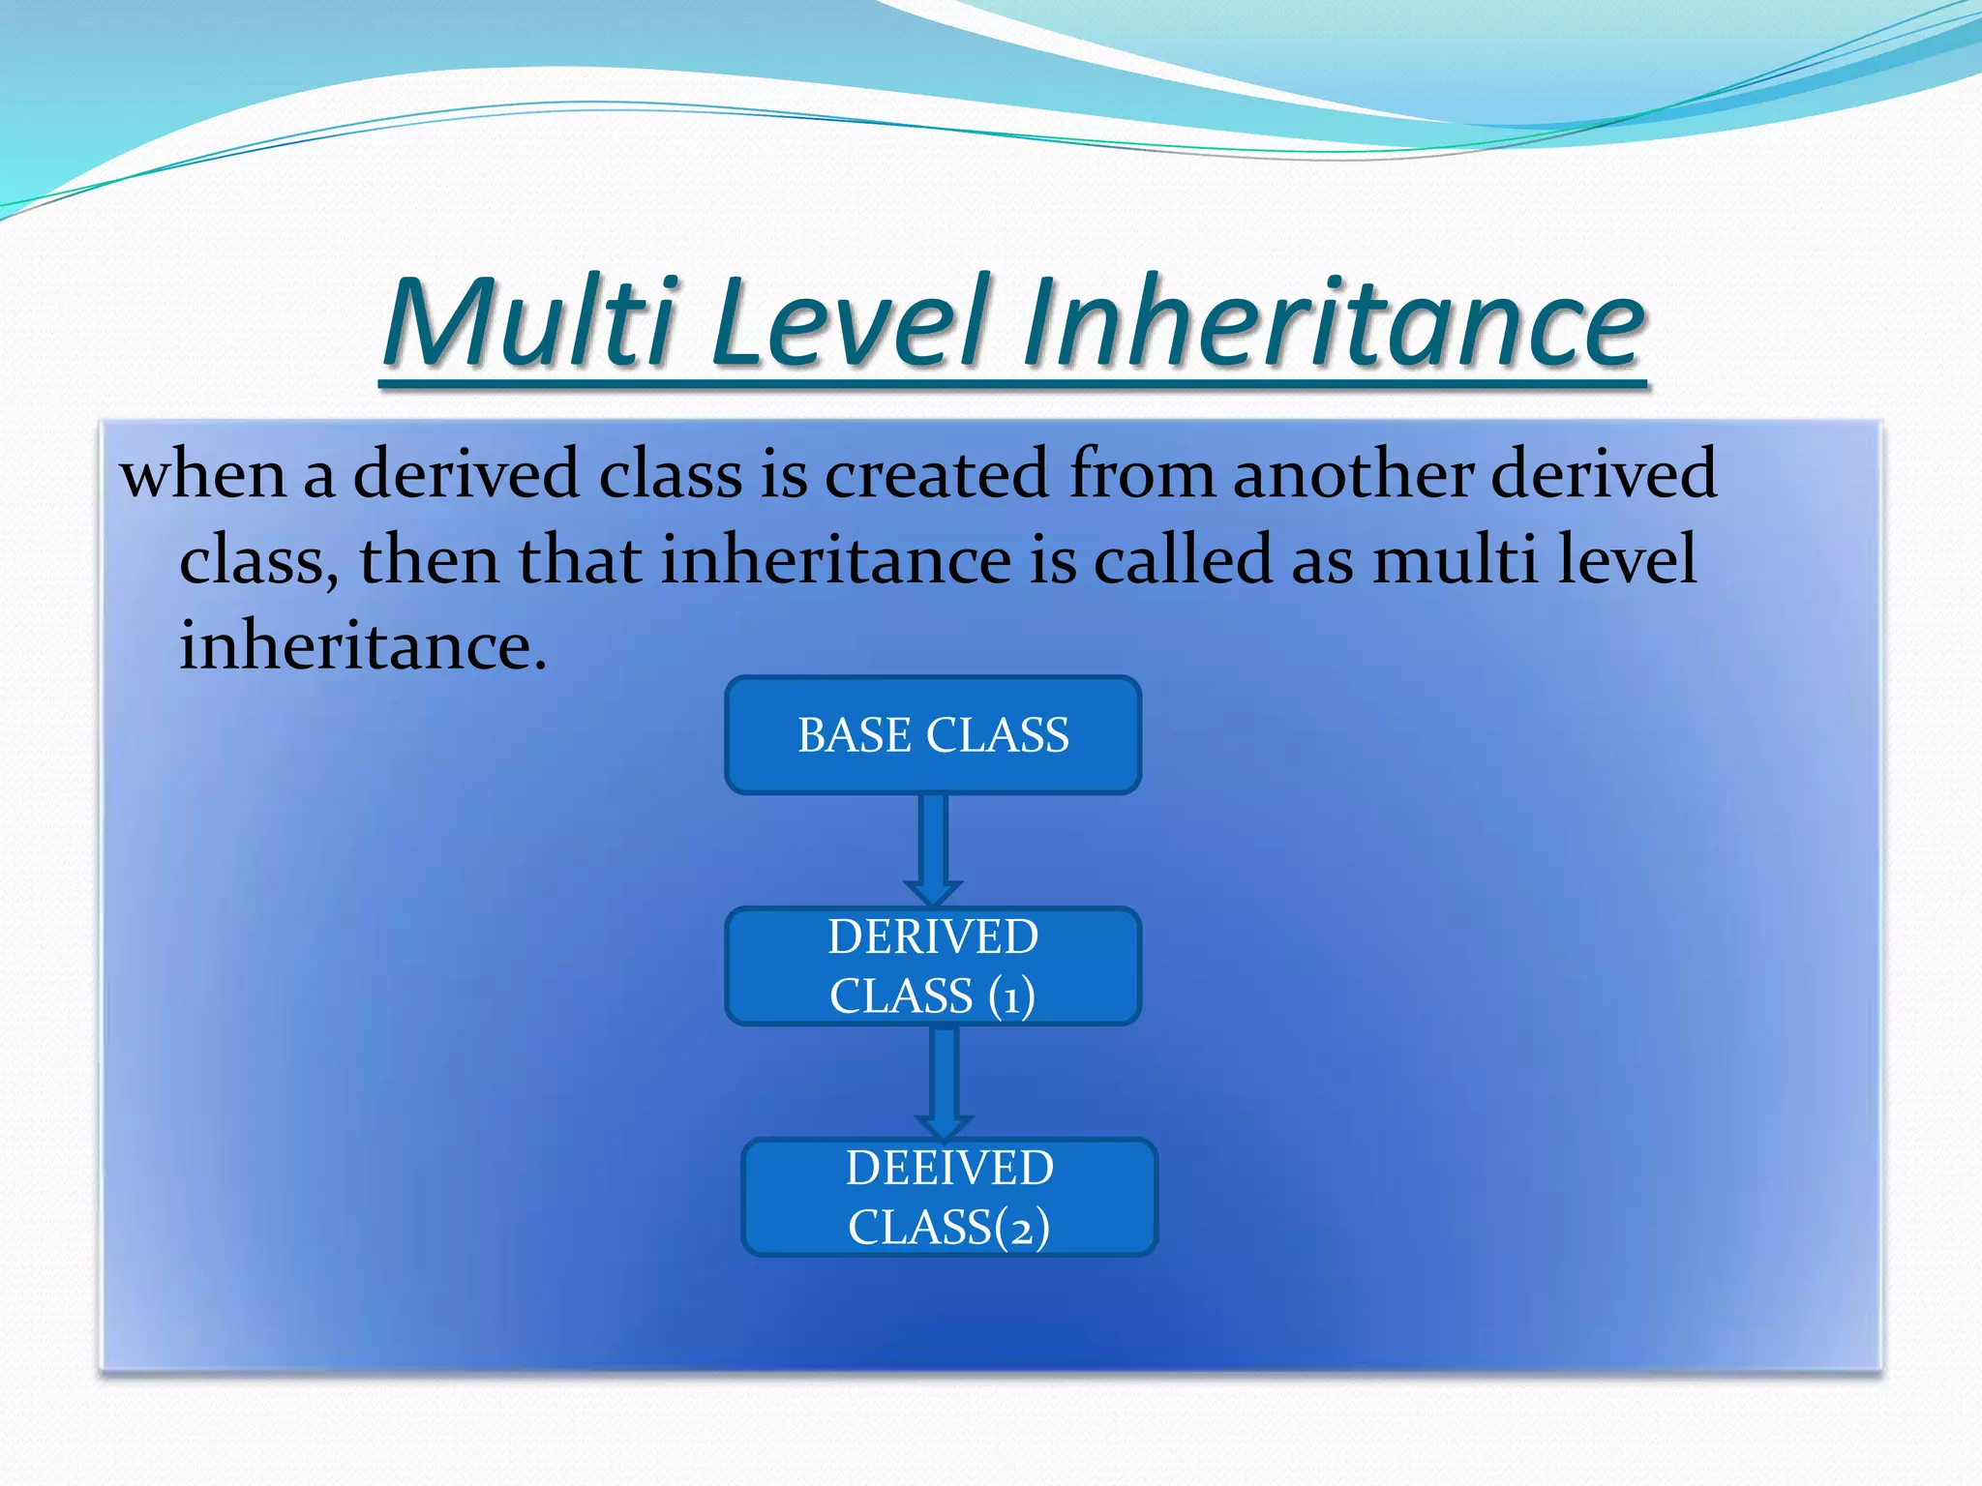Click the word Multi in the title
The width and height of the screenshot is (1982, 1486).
click(528, 322)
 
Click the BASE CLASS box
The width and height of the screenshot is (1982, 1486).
click(933, 735)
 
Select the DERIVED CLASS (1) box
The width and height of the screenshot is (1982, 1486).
click(933, 966)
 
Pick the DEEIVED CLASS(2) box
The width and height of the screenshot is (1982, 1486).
click(949, 1197)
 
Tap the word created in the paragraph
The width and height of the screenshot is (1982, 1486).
click(936, 474)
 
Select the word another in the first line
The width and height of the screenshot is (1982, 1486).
click(1352, 474)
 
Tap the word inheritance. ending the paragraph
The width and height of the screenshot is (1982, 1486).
click(363, 645)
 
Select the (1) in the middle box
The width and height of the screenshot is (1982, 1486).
click(1011, 996)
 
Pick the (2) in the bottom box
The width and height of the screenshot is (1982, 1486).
click(1022, 1228)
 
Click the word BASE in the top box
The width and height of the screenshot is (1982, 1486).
click(854, 735)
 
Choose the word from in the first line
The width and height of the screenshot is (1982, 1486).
click(1142, 474)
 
